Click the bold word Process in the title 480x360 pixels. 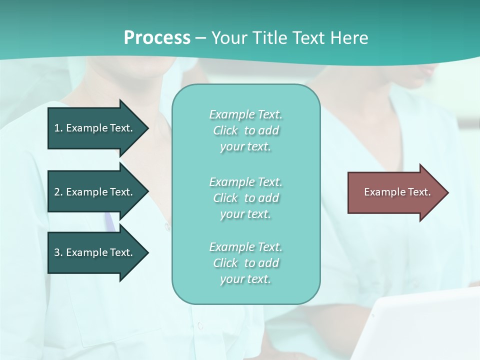coord(157,38)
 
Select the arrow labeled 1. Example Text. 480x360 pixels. coord(95,128)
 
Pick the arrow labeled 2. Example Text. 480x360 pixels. coord(95,192)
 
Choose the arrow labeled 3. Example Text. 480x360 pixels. coord(95,252)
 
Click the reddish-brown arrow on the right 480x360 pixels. coord(395,192)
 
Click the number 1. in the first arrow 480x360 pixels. coord(58,128)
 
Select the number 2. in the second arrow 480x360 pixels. coord(58,192)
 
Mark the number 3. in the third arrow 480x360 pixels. coord(58,252)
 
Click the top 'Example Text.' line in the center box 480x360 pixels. coord(245,114)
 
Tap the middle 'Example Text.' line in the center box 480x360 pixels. coord(245,181)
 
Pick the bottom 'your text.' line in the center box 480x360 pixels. coord(245,279)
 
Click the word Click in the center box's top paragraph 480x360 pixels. coord(225,130)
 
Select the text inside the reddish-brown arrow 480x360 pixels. coord(397,192)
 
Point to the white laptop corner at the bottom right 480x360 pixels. coord(425,325)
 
